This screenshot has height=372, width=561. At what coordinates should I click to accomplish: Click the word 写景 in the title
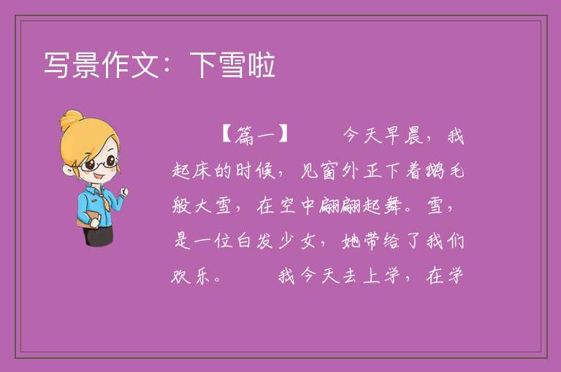[x=72, y=65]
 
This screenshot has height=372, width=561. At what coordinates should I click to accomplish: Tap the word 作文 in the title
[x=131, y=65]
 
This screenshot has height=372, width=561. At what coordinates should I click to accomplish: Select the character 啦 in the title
[x=262, y=65]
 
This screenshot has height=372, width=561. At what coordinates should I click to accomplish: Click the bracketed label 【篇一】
[x=254, y=136]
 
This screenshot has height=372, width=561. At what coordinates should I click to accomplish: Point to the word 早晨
[x=404, y=136]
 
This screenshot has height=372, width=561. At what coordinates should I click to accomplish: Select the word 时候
[x=256, y=171]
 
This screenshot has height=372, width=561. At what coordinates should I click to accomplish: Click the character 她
[x=351, y=241]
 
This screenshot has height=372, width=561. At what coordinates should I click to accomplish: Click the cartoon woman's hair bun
[x=72, y=120]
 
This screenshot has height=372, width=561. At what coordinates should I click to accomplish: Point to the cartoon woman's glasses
[x=99, y=164]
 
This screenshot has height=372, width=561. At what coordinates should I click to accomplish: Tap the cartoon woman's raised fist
[x=123, y=192]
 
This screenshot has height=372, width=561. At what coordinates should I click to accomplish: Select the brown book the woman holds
[x=88, y=219]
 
